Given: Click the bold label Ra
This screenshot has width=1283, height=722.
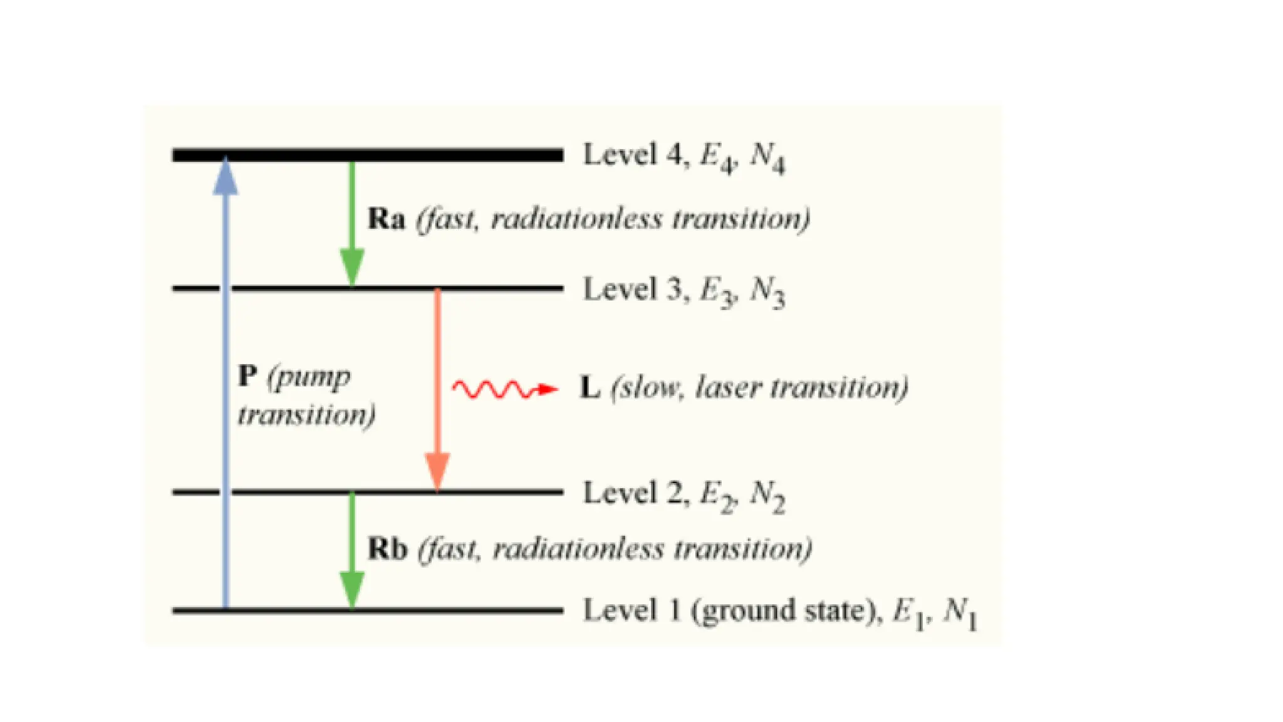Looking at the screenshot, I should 386,219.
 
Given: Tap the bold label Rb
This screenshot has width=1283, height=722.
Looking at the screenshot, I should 387,548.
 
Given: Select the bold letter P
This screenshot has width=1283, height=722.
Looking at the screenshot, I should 248,376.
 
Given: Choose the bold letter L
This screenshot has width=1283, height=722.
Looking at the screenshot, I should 590,388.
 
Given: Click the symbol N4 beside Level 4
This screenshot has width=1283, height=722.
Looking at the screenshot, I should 767,156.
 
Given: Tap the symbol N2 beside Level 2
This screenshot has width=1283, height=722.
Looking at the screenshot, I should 767,496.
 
